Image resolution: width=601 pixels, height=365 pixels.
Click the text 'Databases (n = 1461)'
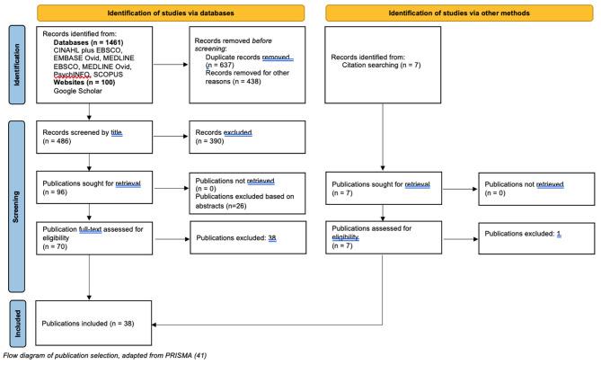(x=75, y=42)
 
